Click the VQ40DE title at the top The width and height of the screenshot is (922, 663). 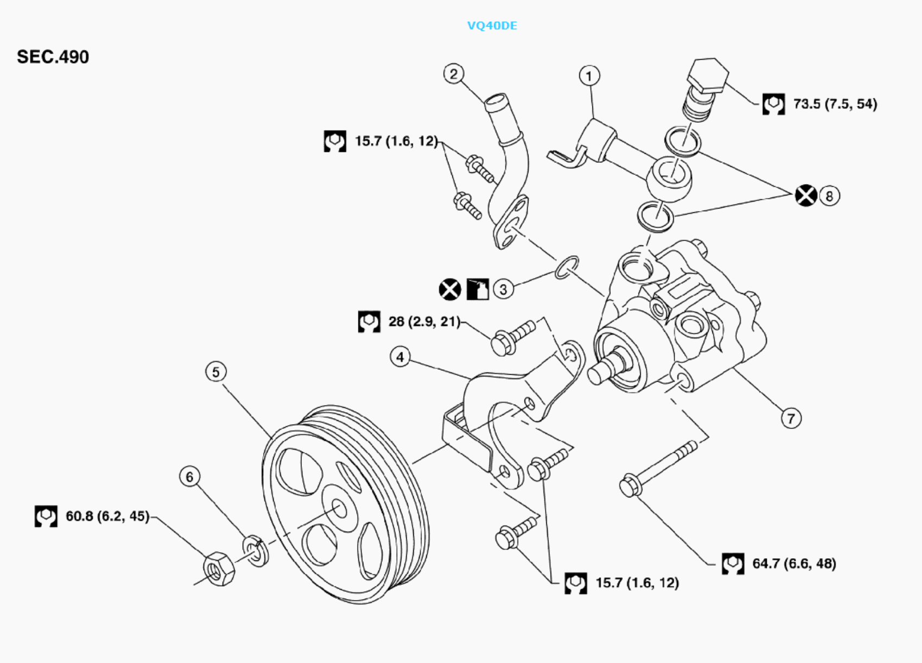tap(492, 26)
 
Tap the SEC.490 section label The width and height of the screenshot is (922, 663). tap(53, 57)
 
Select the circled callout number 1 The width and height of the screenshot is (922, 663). tap(590, 75)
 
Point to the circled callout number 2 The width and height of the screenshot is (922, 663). tap(453, 74)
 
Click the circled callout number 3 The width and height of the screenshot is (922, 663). tap(503, 289)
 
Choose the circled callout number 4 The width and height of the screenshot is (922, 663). tap(401, 357)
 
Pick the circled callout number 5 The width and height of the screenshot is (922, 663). tap(216, 372)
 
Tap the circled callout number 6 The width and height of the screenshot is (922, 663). tap(190, 477)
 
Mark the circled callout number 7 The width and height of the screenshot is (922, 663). tap(791, 418)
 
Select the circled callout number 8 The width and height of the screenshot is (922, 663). tap(829, 195)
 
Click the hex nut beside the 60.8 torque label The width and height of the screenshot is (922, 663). tap(219, 569)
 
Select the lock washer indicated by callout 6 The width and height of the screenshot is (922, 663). tap(256, 551)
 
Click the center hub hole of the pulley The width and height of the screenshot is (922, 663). tap(339, 509)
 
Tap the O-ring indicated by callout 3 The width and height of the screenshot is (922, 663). tap(566, 268)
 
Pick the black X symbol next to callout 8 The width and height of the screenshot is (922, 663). tap(805, 195)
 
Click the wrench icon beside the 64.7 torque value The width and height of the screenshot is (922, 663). tap(732, 564)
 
